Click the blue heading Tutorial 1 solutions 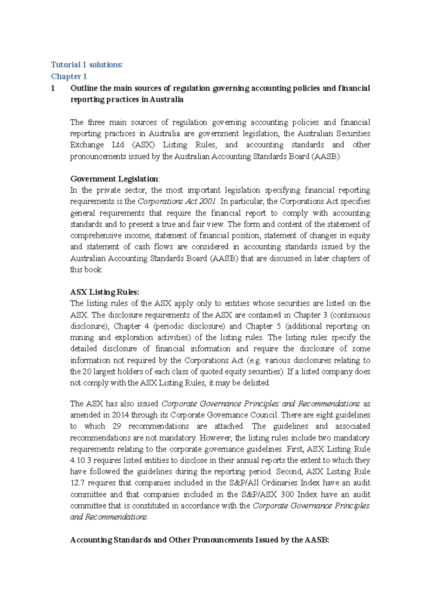[x=87, y=65]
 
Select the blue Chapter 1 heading [x=69, y=76]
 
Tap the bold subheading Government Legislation [x=114, y=179]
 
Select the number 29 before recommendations [x=117, y=426]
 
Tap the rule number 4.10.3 [x=81, y=460]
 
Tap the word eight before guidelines [x=325, y=415]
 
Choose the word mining [x=82, y=338]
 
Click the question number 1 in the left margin [x=53, y=88]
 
